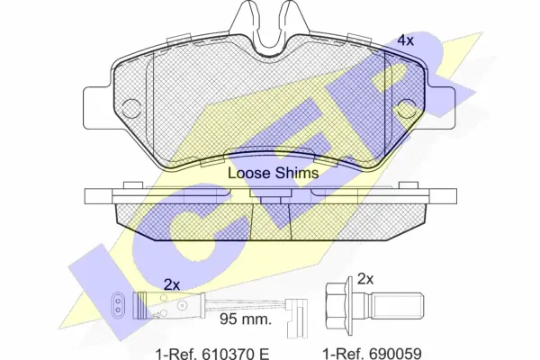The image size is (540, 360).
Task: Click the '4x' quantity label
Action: click(x=405, y=40)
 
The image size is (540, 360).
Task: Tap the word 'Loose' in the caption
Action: click(x=249, y=173)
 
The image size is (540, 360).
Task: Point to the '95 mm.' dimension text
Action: click(x=246, y=319)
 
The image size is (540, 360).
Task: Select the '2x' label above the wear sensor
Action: click(x=172, y=285)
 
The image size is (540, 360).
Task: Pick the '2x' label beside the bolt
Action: click(x=365, y=279)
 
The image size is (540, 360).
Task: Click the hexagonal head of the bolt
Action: click(x=337, y=306)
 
